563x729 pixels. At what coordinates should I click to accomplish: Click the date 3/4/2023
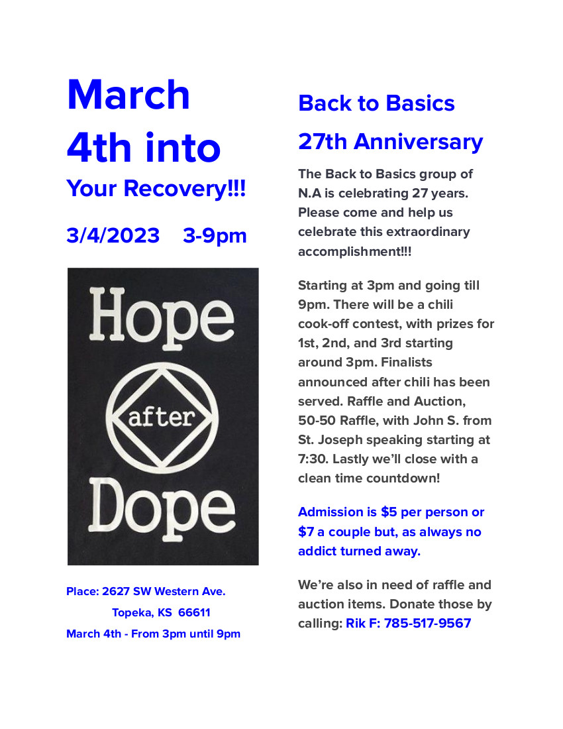(113, 236)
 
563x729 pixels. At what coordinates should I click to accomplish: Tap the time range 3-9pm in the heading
(215, 236)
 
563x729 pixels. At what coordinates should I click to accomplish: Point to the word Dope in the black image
(163, 511)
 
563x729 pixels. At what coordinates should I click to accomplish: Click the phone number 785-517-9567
(427, 624)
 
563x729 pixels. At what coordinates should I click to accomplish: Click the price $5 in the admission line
(389, 512)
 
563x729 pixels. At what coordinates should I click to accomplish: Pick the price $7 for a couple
(306, 532)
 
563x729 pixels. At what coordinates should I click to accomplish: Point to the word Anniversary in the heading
(417, 142)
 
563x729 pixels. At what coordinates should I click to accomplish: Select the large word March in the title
(128, 95)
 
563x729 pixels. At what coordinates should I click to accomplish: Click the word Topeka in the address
(132, 612)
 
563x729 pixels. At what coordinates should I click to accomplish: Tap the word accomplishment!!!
(354, 252)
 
